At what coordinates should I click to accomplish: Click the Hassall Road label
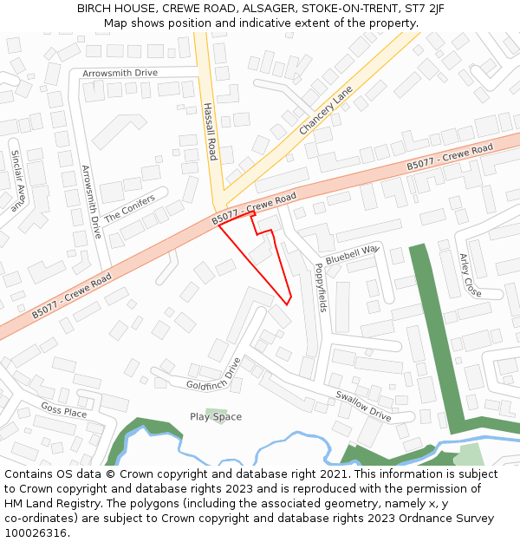(210, 132)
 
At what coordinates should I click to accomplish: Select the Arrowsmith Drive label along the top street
(120, 74)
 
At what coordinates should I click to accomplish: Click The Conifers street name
(130, 207)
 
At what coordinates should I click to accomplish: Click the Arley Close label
(470, 275)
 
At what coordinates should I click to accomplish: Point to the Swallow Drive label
(363, 406)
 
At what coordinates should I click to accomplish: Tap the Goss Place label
(64, 410)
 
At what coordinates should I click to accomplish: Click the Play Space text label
(216, 417)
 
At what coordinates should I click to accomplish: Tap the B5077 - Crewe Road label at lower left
(71, 296)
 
